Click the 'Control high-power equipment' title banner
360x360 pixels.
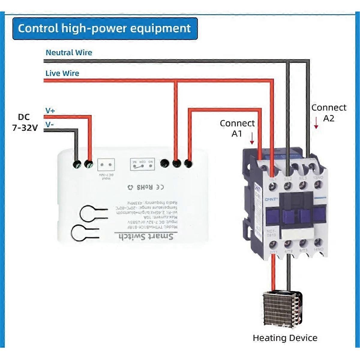tap(105, 28)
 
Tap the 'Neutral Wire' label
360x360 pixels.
tap(69, 52)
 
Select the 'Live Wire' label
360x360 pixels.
tap(62, 73)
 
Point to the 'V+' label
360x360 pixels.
tap(50, 111)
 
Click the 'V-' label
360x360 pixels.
tap(49, 124)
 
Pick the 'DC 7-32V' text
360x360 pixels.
tap(25, 122)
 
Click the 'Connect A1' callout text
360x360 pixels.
tap(237, 128)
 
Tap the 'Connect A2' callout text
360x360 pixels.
tap(329, 113)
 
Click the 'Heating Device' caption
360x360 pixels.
tap(285, 338)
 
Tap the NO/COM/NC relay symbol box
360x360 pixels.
tap(142, 164)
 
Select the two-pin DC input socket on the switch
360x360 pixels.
tap(106, 164)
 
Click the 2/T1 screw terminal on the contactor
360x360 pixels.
tap(273, 244)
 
